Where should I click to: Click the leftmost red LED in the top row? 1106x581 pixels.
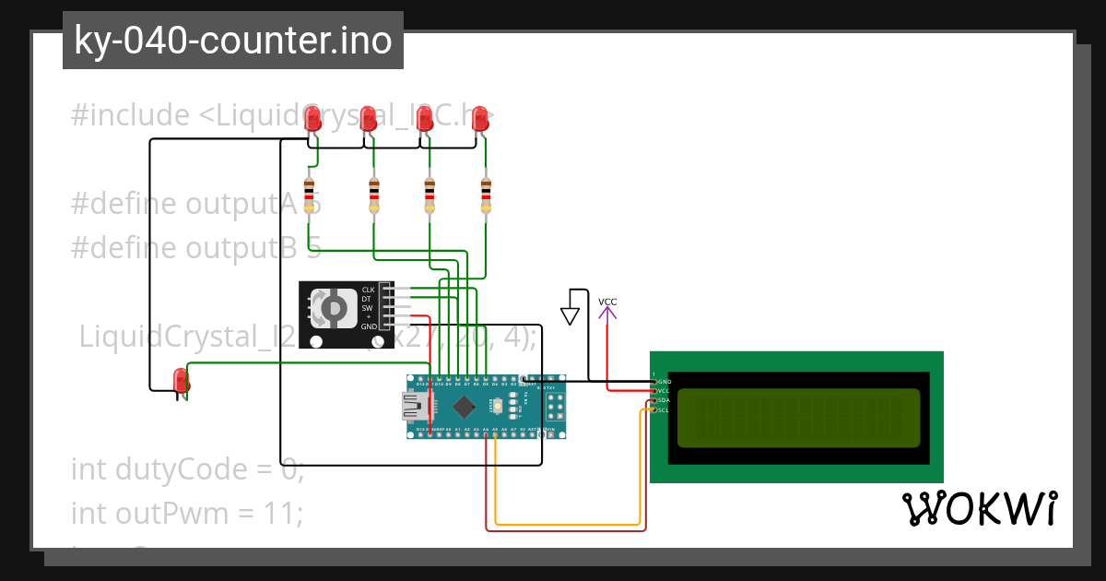(312, 117)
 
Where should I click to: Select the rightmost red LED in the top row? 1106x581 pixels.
(479, 118)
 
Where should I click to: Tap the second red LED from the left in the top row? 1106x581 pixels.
(368, 117)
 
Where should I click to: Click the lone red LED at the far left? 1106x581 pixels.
(181, 379)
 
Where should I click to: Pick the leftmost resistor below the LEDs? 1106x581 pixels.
(309, 195)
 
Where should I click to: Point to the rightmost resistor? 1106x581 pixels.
(487, 195)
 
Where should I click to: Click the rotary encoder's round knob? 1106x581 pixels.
(333, 308)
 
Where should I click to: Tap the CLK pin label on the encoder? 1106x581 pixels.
(368, 290)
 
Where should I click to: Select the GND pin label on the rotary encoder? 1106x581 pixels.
(368, 326)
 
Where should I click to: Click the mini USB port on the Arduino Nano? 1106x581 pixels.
(411, 406)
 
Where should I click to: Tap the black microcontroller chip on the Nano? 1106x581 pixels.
(464, 406)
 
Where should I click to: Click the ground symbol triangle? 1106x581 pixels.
(571, 316)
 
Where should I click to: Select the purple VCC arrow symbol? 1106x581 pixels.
(607, 314)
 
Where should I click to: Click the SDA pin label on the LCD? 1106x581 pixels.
(664, 400)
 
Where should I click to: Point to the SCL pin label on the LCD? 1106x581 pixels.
(664, 409)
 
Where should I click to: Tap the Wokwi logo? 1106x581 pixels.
(979, 509)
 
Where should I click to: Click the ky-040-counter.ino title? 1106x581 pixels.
(232, 41)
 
